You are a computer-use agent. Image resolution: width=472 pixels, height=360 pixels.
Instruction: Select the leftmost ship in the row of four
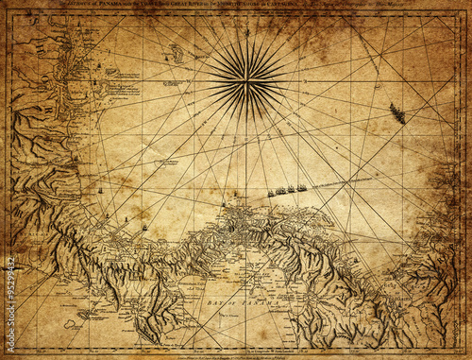point(271,193)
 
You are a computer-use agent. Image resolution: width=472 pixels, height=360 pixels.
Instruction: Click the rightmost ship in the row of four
point(302,187)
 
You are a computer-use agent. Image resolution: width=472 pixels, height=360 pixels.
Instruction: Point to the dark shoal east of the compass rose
point(396,114)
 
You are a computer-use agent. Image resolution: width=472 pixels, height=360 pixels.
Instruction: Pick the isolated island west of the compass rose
point(176,54)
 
